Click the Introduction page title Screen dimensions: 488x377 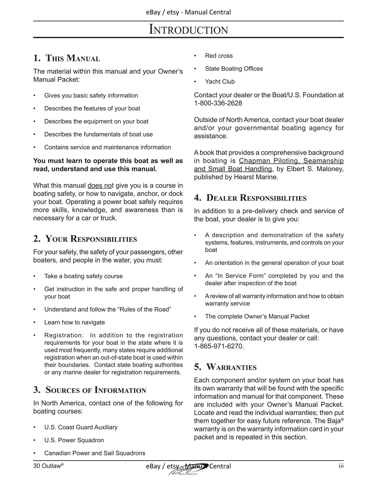[x=188, y=29]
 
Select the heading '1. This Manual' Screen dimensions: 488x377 [x=67, y=58]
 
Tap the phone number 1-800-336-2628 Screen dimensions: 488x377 [x=218, y=103]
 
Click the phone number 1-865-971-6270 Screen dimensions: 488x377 [x=218, y=346]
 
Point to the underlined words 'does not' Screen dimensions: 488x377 [x=100, y=186]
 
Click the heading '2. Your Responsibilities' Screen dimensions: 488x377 [x=85, y=239]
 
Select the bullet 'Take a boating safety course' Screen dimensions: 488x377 [x=83, y=276]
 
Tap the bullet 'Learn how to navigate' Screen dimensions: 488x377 [x=74, y=322]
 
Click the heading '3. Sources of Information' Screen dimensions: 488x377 [x=89, y=390]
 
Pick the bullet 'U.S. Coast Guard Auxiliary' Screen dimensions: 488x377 [x=81, y=427]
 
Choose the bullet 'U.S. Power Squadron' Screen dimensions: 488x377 [x=74, y=440]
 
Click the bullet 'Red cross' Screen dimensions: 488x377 [x=219, y=56]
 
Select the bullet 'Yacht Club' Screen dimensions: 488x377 [x=220, y=82]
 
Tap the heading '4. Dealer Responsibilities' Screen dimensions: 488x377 [x=250, y=198]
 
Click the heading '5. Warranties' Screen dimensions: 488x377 [x=225, y=367]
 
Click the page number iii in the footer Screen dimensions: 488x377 [x=341, y=466]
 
